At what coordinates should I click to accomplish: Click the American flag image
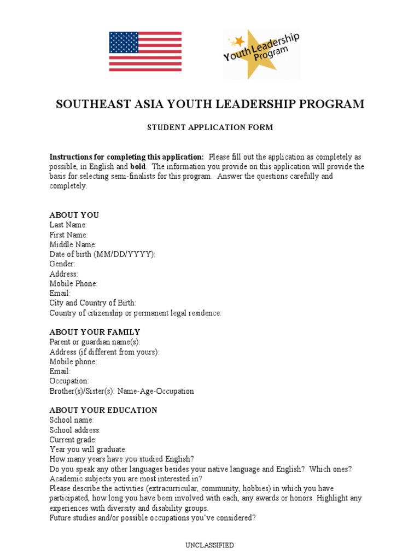click(145, 51)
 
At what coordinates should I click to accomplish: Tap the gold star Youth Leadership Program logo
click(261, 54)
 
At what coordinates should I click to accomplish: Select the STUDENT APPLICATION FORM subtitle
click(210, 127)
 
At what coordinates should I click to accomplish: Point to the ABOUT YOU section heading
click(74, 215)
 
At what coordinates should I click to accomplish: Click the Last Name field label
click(68, 225)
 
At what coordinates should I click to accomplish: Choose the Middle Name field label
click(73, 244)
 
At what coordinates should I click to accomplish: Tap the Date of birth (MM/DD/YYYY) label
click(103, 254)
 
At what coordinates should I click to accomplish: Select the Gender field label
click(62, 264)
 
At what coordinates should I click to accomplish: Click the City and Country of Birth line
click(93, 303)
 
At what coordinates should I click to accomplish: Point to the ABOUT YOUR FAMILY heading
click(95, 332)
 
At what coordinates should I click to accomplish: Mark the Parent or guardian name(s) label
click(95, 342)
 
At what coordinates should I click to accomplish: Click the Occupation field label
click(69, 381)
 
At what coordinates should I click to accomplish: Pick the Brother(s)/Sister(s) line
click(121, 391)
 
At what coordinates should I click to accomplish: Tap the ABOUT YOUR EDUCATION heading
click(103, 410)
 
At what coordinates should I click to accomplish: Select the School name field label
click(72, 420)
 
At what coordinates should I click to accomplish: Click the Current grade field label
click(73, 440)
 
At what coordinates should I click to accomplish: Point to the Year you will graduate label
click(88, 450)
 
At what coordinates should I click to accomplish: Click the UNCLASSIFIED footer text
click(210, 545)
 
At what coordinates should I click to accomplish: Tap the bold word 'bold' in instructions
click(138, 167)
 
